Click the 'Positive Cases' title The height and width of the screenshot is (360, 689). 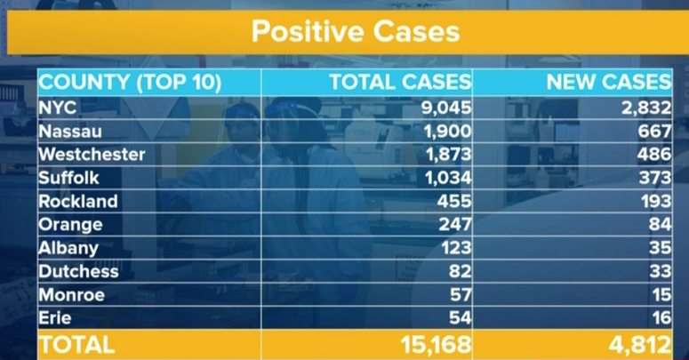click(x=355, y=32)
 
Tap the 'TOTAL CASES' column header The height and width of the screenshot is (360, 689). click(x=400, y=84)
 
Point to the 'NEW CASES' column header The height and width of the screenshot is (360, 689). click(x=609, y=84)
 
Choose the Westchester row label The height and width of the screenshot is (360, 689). click(x=92, y=155)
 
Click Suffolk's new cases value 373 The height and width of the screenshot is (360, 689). click(x=654, y=178)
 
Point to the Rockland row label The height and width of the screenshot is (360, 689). click(x=78, y=201)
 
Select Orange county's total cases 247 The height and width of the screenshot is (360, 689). click(x=455, y=225)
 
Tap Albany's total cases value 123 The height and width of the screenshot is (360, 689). click(x=455, y=248)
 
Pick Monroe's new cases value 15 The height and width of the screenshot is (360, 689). click(x=661, y=295)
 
